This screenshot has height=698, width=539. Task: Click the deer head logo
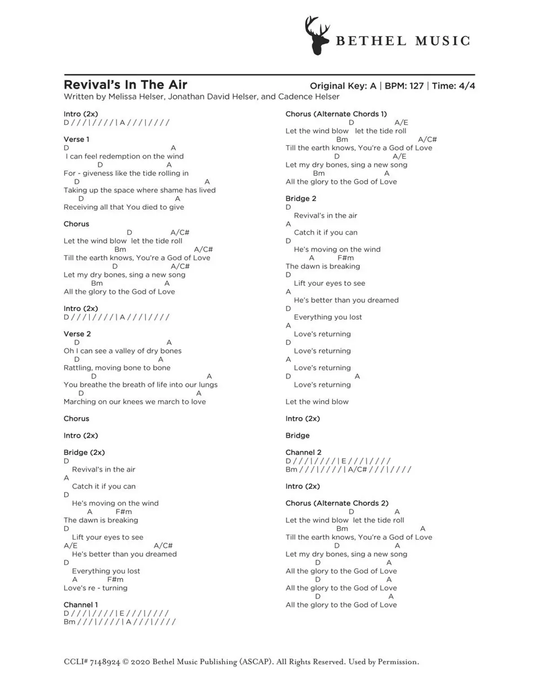[317, 36]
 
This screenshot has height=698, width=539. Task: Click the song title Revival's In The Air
[125, 84]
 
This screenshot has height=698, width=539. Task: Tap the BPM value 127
[416, 86]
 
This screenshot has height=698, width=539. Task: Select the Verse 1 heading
[76, 139]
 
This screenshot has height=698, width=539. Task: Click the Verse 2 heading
[77, 334]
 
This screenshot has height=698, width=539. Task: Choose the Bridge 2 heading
[301, 199]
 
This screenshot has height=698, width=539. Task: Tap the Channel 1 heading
[80, 605]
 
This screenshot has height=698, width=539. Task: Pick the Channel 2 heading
[303, 453]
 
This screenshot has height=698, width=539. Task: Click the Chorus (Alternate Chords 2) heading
[337, 503]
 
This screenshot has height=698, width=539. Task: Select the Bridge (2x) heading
[84, 453]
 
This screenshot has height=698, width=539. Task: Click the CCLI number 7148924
[105, 662]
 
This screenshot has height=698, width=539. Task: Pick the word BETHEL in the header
[371, 41]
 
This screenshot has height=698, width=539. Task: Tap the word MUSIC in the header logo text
[443, 41]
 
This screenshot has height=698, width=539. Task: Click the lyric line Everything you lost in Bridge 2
[328, 317]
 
